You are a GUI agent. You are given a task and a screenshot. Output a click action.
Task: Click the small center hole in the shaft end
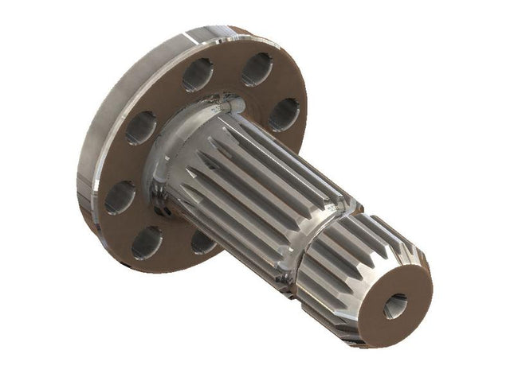point(395,305)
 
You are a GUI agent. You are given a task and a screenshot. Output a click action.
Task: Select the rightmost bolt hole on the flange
point(284,114)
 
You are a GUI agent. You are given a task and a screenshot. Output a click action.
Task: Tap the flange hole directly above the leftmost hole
point(141,127)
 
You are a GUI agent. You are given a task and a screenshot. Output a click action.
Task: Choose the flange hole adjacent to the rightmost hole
point(257,69)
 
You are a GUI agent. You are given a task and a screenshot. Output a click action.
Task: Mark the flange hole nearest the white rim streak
point(197,74)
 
